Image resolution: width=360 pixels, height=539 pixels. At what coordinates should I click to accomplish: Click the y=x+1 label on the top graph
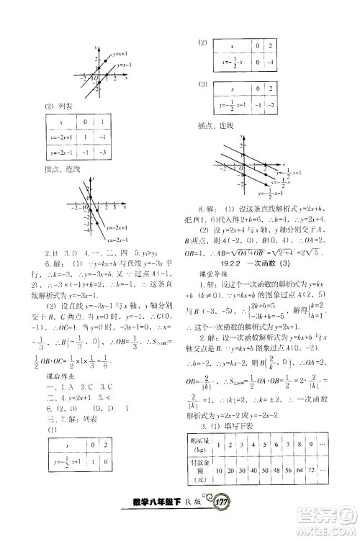tap(120, 53)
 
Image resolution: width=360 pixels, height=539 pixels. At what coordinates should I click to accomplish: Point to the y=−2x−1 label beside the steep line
tap(116, 239)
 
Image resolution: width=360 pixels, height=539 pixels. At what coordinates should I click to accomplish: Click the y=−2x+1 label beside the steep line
tap(116, 227)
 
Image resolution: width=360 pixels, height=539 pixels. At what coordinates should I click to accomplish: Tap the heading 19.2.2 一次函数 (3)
tap(261, 265)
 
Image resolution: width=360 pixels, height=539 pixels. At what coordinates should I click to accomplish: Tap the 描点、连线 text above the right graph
tap(216, 127)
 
